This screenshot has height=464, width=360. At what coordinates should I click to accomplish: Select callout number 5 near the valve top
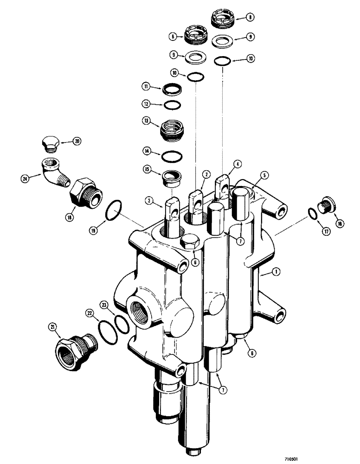(264, 175)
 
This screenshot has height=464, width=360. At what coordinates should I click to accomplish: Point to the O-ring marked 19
(114, 211)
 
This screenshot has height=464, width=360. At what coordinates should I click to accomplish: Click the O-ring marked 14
(172, 156)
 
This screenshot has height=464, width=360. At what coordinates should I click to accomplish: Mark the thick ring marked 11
(172, 89)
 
